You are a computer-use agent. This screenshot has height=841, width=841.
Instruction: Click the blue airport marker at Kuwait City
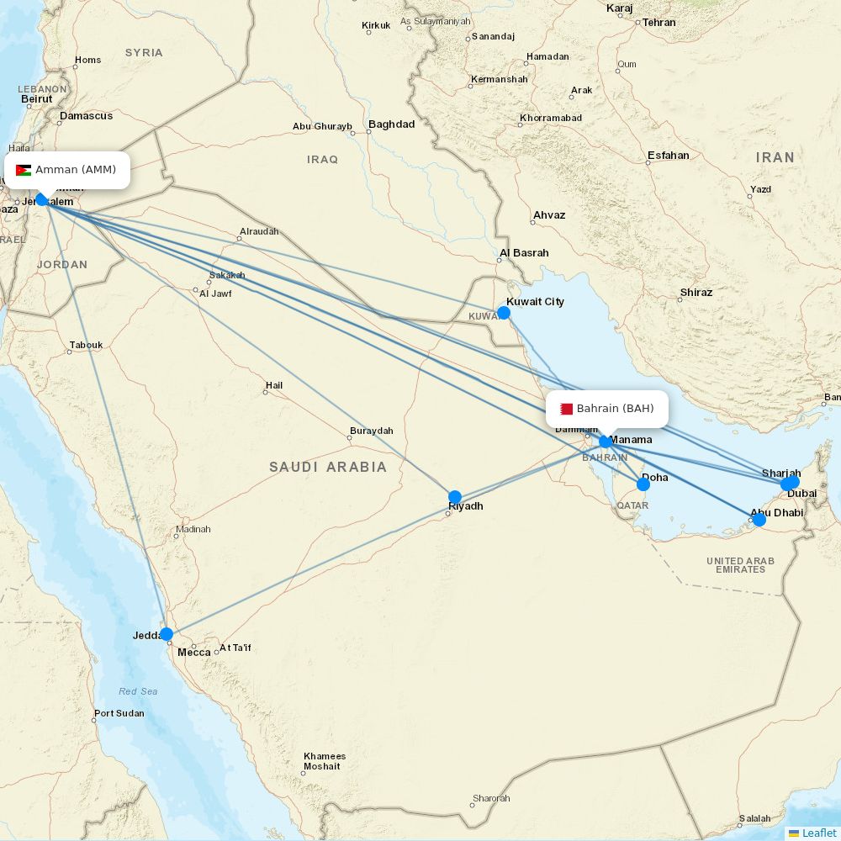click(504, 313)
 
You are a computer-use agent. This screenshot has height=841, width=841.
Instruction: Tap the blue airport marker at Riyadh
click(455, 497)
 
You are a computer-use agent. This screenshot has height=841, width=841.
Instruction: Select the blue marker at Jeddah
click(167, 634)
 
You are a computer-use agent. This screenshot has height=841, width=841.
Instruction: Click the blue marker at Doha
click(643, 484)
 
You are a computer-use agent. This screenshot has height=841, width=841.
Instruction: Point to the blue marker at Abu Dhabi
click(759, 520)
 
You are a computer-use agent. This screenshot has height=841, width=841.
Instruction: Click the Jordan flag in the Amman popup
click(24, 170)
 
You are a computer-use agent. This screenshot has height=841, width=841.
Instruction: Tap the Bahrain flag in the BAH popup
click(566, 409)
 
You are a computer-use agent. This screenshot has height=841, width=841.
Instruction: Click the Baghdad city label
click(391, 124)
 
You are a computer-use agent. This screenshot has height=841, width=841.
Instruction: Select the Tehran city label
click(659, 23)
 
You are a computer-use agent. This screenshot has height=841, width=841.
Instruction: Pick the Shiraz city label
click(696, 293)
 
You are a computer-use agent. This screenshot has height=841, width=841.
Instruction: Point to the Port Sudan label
click(119, 713)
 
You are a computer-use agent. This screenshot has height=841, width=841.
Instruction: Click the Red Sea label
click(138, 691)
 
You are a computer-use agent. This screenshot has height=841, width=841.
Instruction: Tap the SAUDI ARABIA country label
click(328, 467)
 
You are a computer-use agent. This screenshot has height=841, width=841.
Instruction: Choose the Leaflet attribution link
click(818, 833)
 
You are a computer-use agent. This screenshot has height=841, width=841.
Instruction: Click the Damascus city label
click(86, 116)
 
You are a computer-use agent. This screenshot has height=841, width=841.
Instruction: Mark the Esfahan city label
click(668, 156)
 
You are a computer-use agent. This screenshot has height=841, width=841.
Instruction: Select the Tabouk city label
click(86, 345)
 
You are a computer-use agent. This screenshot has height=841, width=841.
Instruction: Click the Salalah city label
click(754, 818)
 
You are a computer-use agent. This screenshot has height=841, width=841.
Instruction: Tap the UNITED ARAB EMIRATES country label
click(740, 565)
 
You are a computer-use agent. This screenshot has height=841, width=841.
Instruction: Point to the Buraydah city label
click(371, 431)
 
